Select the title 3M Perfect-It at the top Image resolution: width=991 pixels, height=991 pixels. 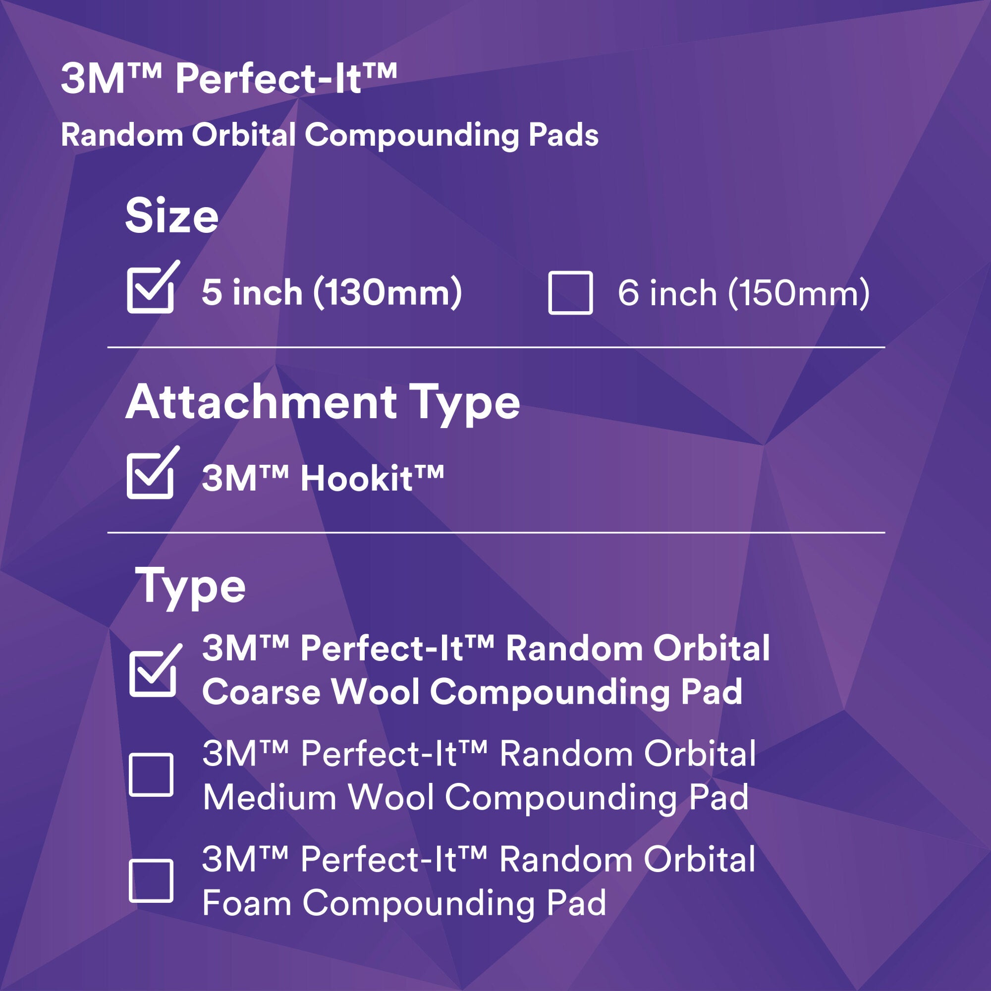pyautogui.click(x=229, y=79)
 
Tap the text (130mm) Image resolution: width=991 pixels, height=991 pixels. pyautogui.click(x=388, y=293)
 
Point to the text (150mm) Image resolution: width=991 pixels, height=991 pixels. pyautogui.click(x=799, y=293)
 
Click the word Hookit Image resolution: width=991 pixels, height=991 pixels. pyautogui.click(x=356, y=478)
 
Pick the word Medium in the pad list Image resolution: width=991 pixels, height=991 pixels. pyautogui.click(x=269, y=798)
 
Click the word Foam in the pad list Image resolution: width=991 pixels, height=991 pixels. pyautogui.click(x=247, y=903)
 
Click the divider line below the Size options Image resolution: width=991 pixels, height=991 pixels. pyautogui.click(x=496, y=347)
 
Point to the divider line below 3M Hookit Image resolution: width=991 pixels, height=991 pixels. pyautogui.click(x=496, y=533)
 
